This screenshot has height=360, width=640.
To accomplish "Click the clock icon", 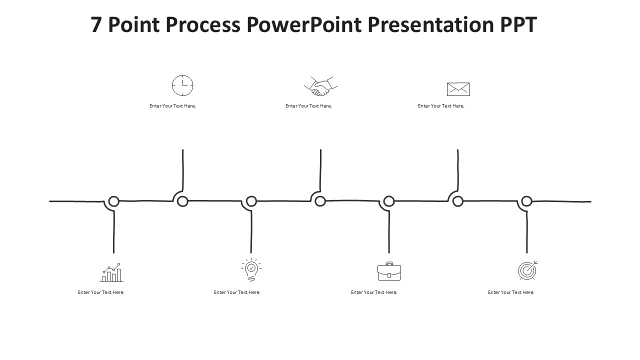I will (182, 85).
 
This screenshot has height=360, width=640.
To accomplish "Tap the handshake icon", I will (321, 86).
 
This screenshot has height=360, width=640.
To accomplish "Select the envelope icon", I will (458, 89).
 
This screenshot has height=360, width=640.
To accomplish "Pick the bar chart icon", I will (111, 273).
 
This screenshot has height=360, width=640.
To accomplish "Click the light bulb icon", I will (251, 270).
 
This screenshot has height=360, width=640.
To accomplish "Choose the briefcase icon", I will (389, 271).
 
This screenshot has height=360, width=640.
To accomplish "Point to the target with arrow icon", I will (527, 270).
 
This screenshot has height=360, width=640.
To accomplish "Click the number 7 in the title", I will (96, 24).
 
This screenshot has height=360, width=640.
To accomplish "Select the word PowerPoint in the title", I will (303, 24).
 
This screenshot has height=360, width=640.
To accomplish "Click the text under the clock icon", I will (172, 106).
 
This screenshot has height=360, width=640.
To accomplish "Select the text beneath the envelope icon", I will (441, 106).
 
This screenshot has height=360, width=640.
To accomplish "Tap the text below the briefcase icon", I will (374, 292).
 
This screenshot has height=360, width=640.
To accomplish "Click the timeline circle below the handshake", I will (320, 201).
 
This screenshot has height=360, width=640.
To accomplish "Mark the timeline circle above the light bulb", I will (251, 201).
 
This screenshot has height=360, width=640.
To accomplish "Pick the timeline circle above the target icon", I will (526, 201).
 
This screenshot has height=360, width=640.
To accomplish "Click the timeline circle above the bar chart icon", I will (114, 201).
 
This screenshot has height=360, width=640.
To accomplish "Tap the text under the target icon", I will (511, 292).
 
